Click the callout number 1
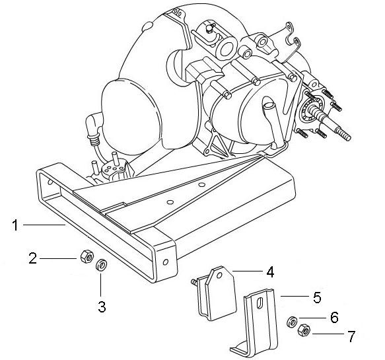pos(15,225)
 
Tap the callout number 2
pos(32,258)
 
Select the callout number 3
pos(102,306)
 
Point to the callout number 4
pos(270,272)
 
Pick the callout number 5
pos(317,297)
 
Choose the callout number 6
pos(334,317)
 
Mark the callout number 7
pos(351,336)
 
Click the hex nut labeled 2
pos(87,256)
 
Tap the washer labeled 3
pos(101,266)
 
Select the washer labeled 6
pos(292,322)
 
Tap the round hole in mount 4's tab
pos(219,275)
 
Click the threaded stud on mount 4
pos(194,282)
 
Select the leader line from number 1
pos(44,225)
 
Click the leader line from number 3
pos(100,283)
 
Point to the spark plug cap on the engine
pos(92,127)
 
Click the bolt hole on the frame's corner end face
pos(166,262)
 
